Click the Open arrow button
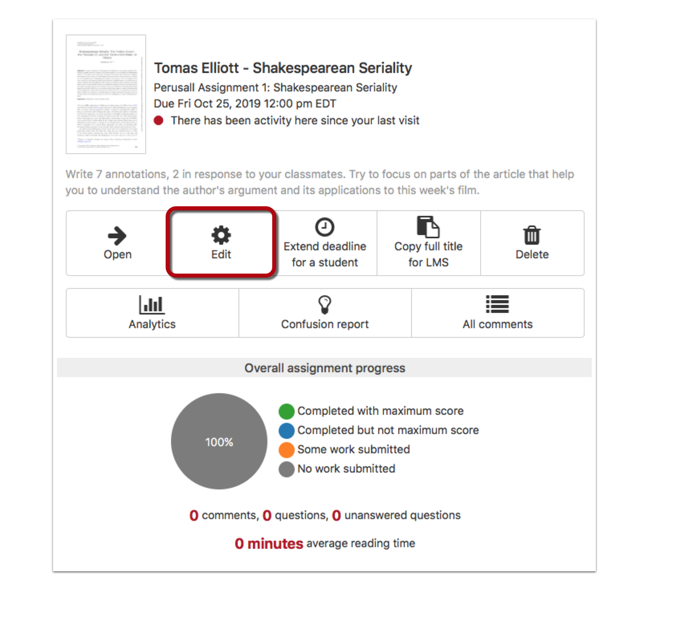coord(117,243)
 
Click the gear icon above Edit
coord(221,235)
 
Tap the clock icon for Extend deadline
coord(324,227)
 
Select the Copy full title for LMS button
coord(428,243)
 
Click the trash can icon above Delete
coord(532,235)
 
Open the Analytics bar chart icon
coord(152,305)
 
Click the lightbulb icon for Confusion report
coord(324,305)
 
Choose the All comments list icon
coord(497,304)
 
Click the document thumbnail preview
coord(106,94)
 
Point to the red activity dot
coord(159,120)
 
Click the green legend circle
coord(287,411)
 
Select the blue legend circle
coord(287,430)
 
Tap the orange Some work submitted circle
coord(287,450)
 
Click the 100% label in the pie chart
coord(219,442)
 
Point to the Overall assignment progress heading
coord(324,368)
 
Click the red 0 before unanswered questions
coord(336,516)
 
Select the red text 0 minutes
coord(269,544)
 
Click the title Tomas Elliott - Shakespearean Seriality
coord(283,68)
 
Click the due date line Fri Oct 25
coord(245,104)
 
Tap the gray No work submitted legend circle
coord(287,469)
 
